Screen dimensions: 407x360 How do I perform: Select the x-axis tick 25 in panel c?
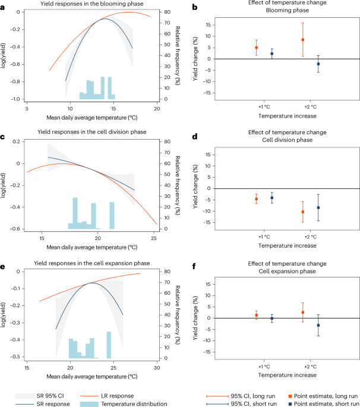[153, 238]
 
